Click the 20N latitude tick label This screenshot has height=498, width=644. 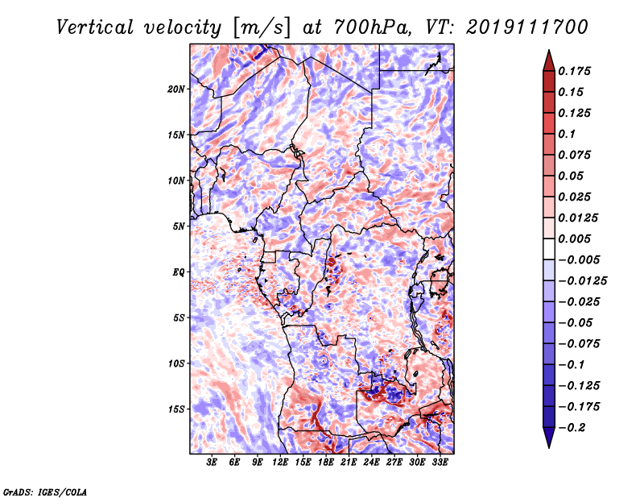pos(176,89)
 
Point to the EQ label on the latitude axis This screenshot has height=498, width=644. pos(178,272)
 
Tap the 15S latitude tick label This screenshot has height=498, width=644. pos(176,409)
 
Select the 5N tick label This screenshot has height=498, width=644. pos(179,226)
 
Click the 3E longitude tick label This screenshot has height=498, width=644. pos(212,463)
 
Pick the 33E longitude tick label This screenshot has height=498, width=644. pos(440,463)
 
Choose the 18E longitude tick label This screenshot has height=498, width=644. pos(326,463)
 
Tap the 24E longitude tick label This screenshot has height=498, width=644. pos(371,463)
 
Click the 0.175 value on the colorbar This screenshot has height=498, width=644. pos(574,71)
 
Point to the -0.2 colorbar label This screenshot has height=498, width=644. pos(572,428)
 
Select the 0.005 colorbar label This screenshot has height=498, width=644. pos(574,239)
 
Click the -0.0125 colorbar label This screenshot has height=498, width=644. pos(582,281)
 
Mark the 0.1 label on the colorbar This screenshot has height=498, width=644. pos(567,134)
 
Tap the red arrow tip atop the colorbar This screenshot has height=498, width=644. pos(549,51)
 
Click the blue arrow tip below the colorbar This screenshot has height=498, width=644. pos(549,447)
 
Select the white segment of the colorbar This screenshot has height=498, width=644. pos(549,249)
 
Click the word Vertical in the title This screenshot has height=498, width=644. pos(95,27)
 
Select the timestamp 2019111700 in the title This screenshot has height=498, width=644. pos(527,27)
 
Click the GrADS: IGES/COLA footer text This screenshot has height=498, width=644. pos(45,492)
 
